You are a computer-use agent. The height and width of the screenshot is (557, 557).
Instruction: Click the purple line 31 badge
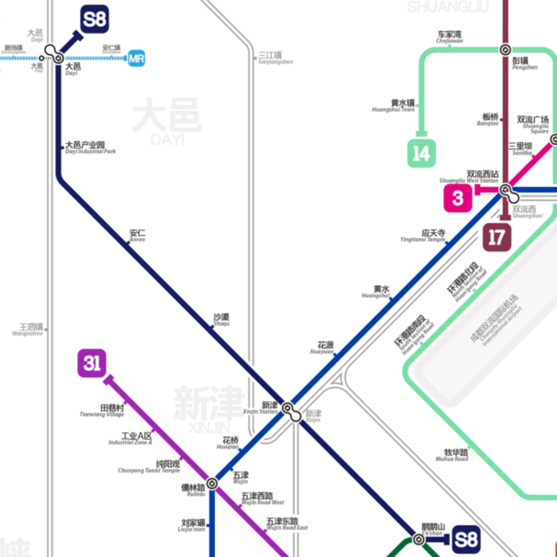click(92, 364)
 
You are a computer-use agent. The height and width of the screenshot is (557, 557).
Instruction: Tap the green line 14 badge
click(421, 153)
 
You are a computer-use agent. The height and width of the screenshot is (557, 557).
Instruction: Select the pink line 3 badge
click(458, 198)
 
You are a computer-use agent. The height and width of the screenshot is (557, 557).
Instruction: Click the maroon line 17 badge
click(496, 237)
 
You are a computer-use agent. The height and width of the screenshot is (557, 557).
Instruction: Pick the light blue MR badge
click(136, 59)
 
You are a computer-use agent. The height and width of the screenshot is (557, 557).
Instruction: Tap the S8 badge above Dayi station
click(95, 20)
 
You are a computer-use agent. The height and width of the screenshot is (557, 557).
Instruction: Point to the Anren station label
click(138, 235)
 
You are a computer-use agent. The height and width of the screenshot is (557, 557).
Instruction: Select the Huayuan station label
click(324, 348)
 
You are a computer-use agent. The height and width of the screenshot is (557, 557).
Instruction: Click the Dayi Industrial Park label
click(89, 148)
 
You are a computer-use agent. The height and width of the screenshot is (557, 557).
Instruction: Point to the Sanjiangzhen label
click(275, 58)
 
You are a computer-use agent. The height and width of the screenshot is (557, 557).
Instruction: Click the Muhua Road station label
click(456, 455)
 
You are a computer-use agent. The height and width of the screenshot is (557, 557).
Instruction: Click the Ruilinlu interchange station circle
click(212, 483)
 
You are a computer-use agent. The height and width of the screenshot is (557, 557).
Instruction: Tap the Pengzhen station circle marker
click(505, 50)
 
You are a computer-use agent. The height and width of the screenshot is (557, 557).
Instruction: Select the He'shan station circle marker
click(418, 539)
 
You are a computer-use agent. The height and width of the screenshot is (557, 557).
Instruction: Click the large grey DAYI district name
click(166, 121)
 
